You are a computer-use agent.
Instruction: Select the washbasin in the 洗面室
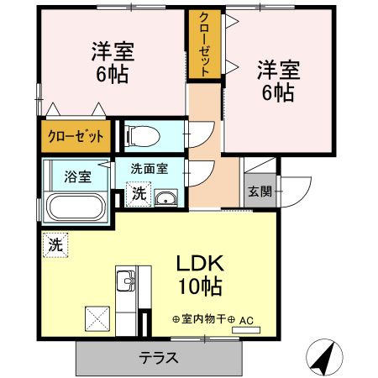pyautogui.click(x=166, y=198)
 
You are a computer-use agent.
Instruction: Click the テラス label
pyautogui.click(x=158, y=357)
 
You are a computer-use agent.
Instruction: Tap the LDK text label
pyautogui.click(x=199, y=263)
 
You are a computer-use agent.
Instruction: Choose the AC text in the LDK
pyautogui.click(x=247, y=319)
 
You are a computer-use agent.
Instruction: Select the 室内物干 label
pyautogui.click(x=207, y=319)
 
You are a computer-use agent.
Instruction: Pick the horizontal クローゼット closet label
pyautogui.click(x=76, y=136)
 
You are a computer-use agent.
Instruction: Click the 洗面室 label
pyautogui.click(x=149, y=167)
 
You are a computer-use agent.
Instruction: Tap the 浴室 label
pyautogui.click(x=79, y=176)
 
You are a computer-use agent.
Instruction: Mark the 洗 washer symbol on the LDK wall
pyautogui.click(x=55, y=246)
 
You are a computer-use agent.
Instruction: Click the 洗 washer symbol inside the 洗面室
pyautogui.click(x=139, y=193)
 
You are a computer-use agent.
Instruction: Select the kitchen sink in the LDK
pyautogui.click(x=126, y=282)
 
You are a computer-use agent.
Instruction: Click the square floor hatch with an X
pyautogui.click(x=95, y=318)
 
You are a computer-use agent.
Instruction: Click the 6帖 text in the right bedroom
pyautogui.click(x=278, y=92)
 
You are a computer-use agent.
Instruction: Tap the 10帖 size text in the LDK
pyautogui.click(x=199, y=287)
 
